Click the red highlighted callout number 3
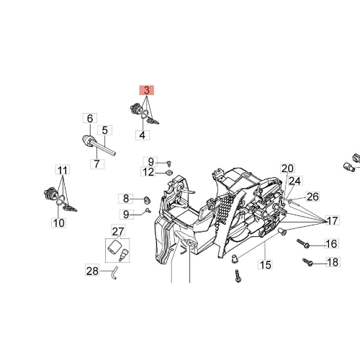point(147,90)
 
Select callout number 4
point(143,135)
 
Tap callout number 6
point(90,118)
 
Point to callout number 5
point(105,130)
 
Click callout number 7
point(97,164)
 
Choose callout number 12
point(148,172)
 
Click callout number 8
point(126,199)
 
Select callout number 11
point(63,170)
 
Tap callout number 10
point(59,223)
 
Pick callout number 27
point(118,231)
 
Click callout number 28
point(92,271)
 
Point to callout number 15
point(266,265)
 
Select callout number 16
point(332,244)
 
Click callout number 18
point(333,262)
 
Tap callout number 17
point(333,220)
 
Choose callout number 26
point(313,197)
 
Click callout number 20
point(287,168)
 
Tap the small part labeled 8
point(147,199)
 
